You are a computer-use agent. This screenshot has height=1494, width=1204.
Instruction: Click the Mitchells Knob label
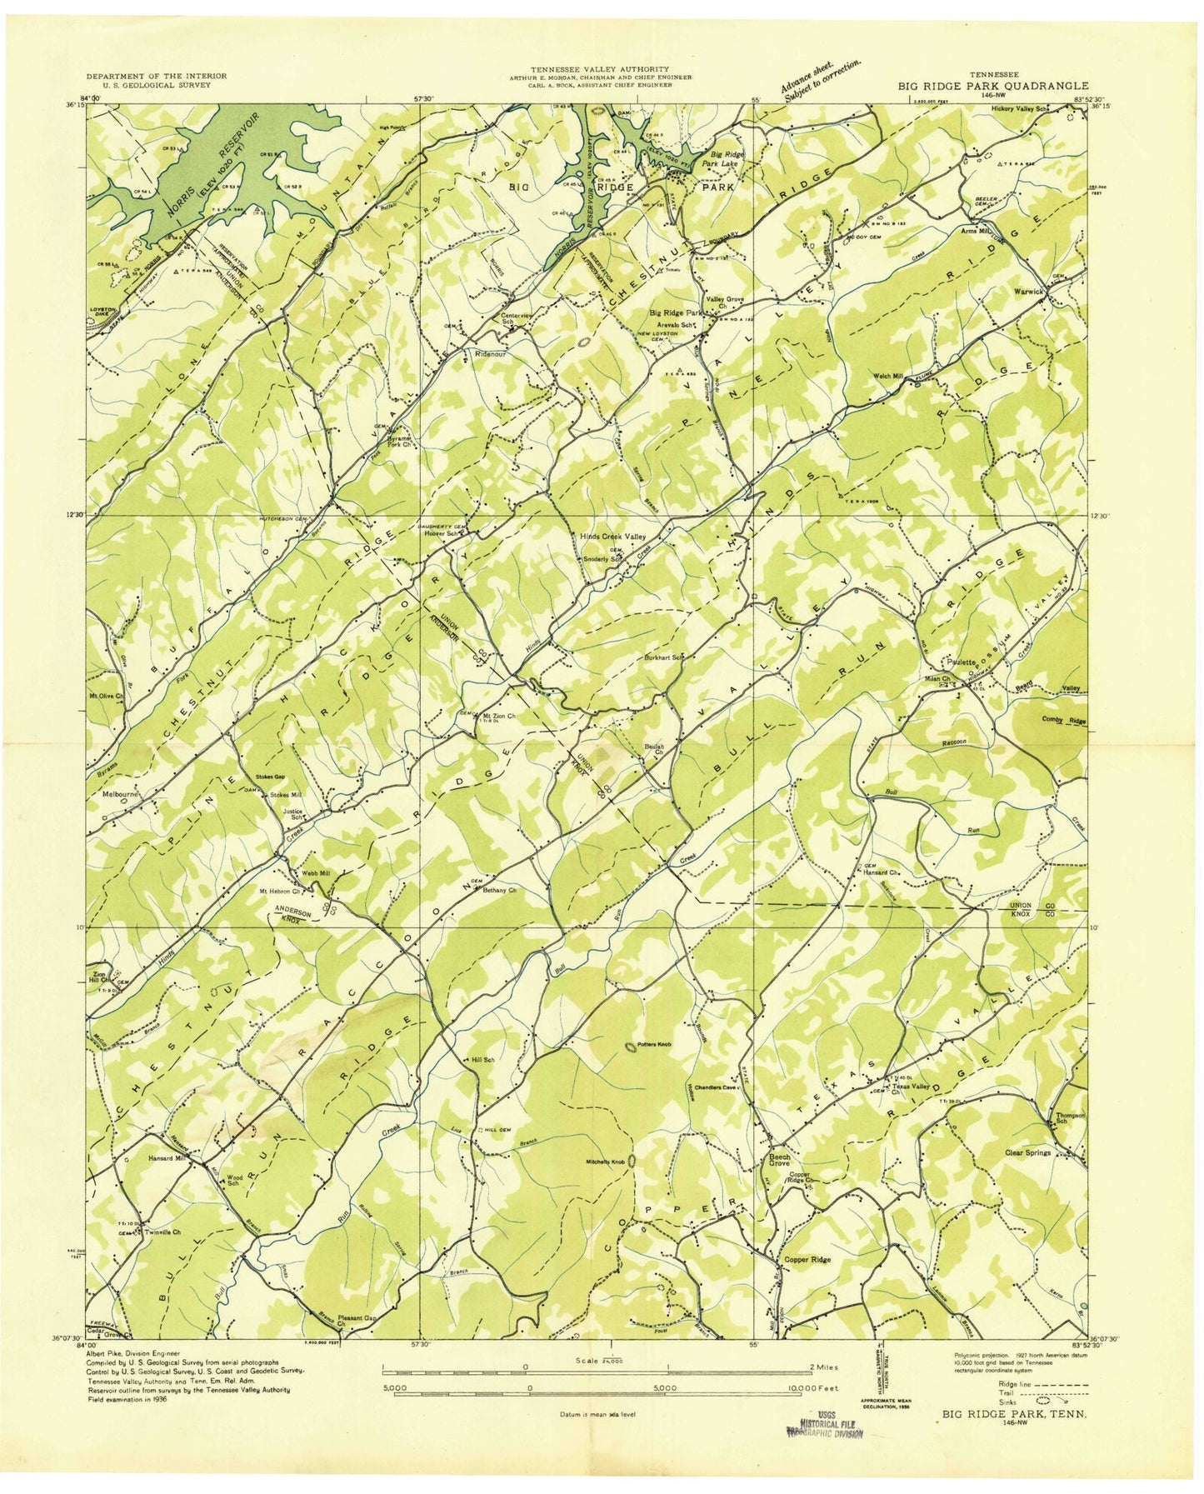click(606, 1162)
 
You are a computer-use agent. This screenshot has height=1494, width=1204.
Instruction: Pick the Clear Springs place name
click(1028, 1152)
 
